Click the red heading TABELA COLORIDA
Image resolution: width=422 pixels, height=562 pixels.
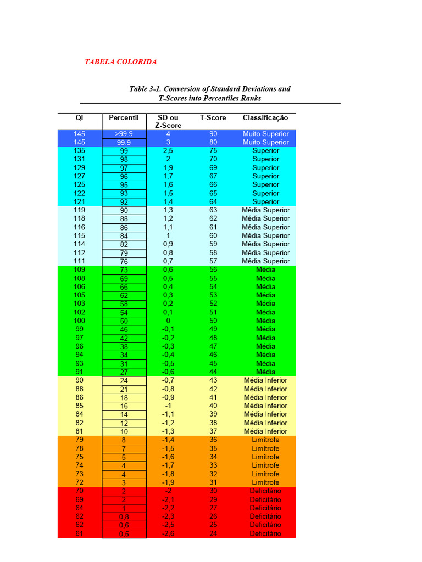pyautogui.click(x=120, y=62)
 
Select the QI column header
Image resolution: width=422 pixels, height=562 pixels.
pyautogui.click(x=79, y=117)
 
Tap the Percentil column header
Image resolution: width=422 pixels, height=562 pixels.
pyautogui.click(x=124, y=117)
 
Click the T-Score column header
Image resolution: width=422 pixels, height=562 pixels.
pyautogui.click(x=213, y=117)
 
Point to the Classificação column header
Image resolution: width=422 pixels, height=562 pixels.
pyautogui.click(x=265, y=117)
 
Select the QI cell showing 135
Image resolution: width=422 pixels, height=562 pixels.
pyautogui.click(x=79, y=151)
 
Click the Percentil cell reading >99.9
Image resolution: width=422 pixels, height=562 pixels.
pyautogui.click(x=124, y=134)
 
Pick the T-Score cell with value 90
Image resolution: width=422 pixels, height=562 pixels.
pyautogui.click(x=213, y=134)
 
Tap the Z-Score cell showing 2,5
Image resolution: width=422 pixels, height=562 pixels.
pyautogui.click(x=168, y=151)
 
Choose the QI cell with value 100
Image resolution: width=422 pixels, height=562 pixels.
pyautogui.click(x=79, y=321)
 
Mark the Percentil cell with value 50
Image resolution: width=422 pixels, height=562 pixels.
pyautogui.click(x=124, y=321)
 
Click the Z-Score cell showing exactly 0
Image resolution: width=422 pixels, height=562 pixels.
pyautogui.click(x=168, y=321)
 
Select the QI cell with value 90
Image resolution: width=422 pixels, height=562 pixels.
pyautogui.click(x=79, y=380)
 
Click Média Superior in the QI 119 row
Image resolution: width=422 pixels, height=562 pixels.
pyautogui.click(x=265, y=210)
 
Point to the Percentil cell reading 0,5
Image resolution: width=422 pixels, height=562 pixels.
pyautogui.click(x=124, y=534)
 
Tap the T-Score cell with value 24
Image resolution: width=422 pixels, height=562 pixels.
pyautogui.click(x=213, y=533)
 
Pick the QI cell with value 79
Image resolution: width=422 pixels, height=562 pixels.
pyautogui.click(x=79, y=440)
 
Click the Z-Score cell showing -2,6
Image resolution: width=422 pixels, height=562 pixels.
pyautogui.click(x=168, y=533)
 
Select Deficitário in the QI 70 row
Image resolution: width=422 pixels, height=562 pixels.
pyautogui.click(x=265, y=491)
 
